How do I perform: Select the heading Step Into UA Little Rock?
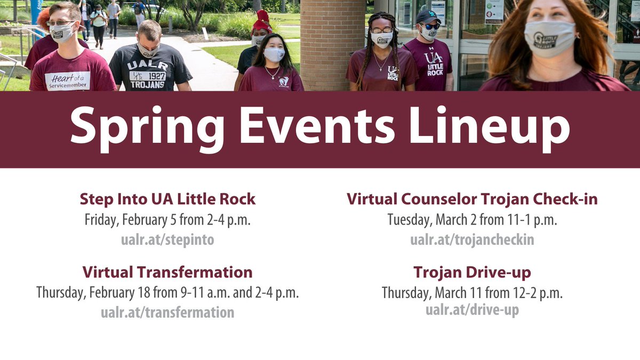(x=167, y=199)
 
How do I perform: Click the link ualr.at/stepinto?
(x=167, y=239)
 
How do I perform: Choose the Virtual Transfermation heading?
(x=167, y=272)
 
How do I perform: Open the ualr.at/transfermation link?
(x=167, y=312)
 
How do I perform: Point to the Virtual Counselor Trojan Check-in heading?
(x=472, y=199)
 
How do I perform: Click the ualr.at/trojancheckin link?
(x=472, y=239)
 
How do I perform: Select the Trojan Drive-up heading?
(x=472, y=273)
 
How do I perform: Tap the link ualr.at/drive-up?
(x=472, y=310)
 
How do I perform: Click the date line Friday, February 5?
(x=167, y=220)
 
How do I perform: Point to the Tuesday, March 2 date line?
(x=472, y=220)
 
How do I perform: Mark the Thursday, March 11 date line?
(x=472, y=293)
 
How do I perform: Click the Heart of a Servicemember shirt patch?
(x=67, y=81)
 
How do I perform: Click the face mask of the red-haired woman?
(x=549, y=38)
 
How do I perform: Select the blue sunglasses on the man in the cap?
(x=429, y=26)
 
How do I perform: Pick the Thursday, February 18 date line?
(x=167, y=293)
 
